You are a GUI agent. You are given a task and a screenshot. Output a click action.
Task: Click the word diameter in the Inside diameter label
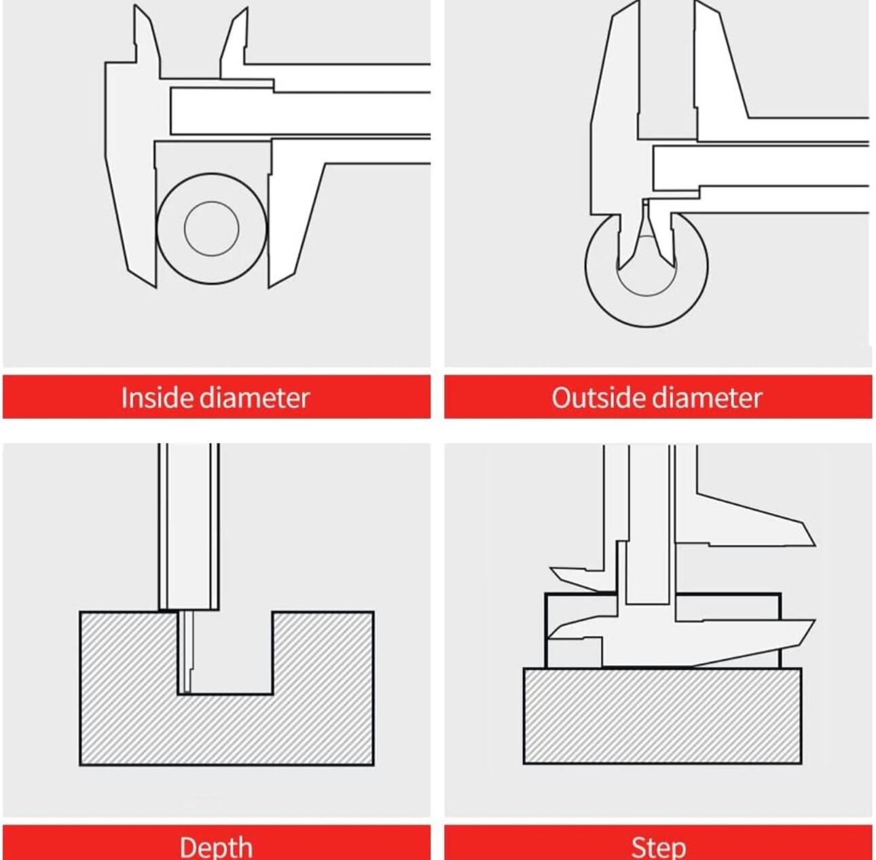tap(255, 397)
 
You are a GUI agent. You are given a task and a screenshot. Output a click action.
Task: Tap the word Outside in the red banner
tap(599, 397)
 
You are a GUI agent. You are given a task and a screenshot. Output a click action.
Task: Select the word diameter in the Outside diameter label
tap(707, 397)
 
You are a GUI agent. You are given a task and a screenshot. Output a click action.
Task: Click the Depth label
tap(216, 847)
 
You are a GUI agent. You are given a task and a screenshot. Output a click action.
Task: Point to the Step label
tap(658, 847)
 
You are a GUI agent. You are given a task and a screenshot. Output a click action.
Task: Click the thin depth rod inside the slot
tap(185, 652)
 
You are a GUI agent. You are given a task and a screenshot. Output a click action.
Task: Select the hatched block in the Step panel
tap(662, 715)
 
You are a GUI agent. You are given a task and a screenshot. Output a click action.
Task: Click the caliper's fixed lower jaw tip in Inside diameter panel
tap(156, 286)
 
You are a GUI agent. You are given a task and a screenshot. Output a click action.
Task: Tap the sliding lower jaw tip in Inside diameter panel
tap(270, 286)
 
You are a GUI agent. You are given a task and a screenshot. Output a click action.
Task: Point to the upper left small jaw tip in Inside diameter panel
tap(135, 6)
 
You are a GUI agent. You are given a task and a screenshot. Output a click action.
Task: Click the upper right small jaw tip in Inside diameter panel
tap(247, 8)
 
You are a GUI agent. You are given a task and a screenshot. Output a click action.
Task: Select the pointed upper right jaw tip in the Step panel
tap(814, 544)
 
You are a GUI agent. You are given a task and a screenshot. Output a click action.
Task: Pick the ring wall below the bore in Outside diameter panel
tap(646, 312)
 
